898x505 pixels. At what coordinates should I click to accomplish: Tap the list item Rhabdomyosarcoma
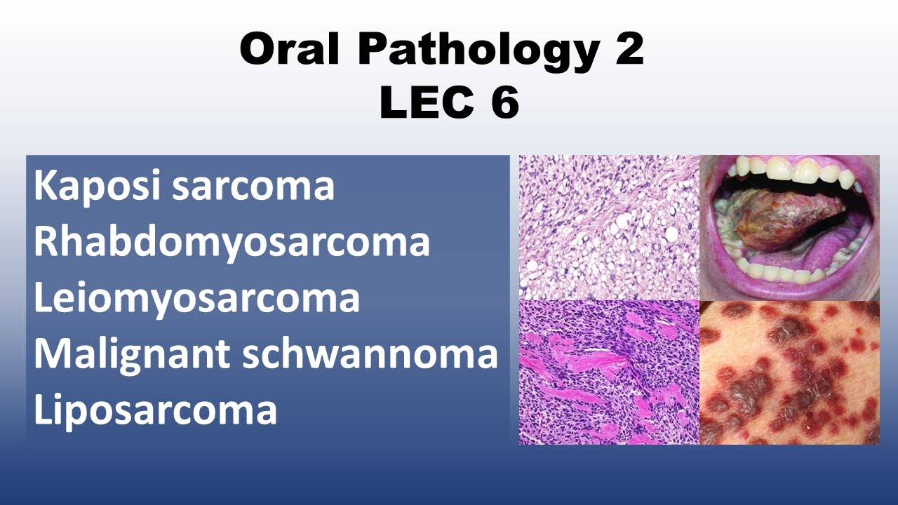[232, 243]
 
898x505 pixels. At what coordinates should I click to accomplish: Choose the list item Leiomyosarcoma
[196, 298]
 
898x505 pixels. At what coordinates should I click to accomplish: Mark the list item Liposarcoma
[155, 410]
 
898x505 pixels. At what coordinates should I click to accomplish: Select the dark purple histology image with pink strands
[609, 372]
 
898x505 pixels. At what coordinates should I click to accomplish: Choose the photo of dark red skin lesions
[789, 372]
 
